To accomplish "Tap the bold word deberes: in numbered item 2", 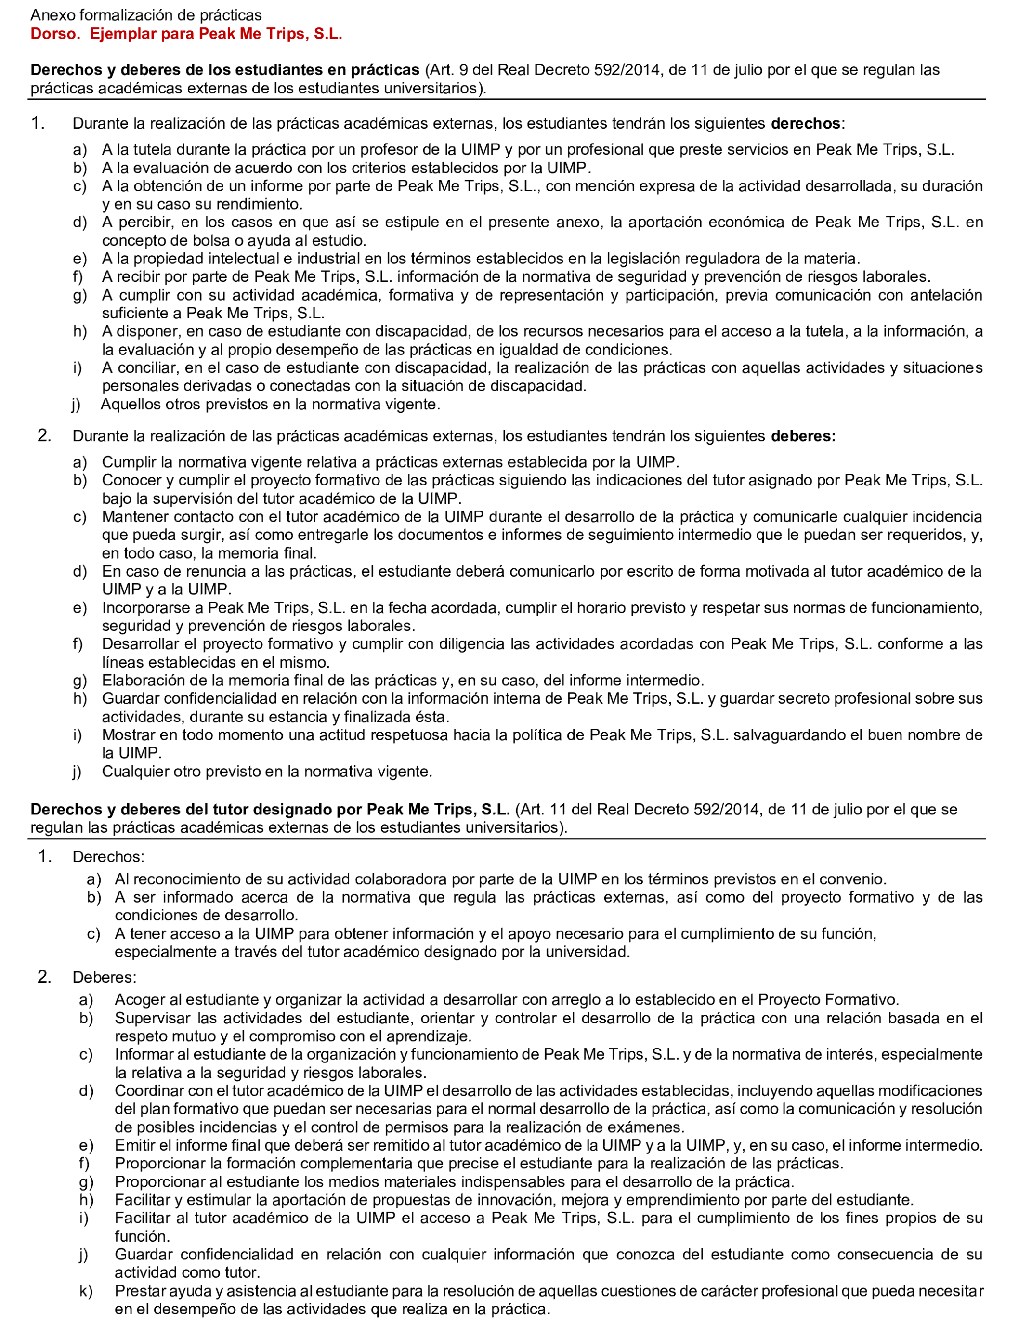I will (803, 436).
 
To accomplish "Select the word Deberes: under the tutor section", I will (105, 977).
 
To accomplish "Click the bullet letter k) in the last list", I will (86, 1292).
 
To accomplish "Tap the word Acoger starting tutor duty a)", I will (138, 1000).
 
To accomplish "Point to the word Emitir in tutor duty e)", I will (132, 1145).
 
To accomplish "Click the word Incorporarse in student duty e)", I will (152, 608).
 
